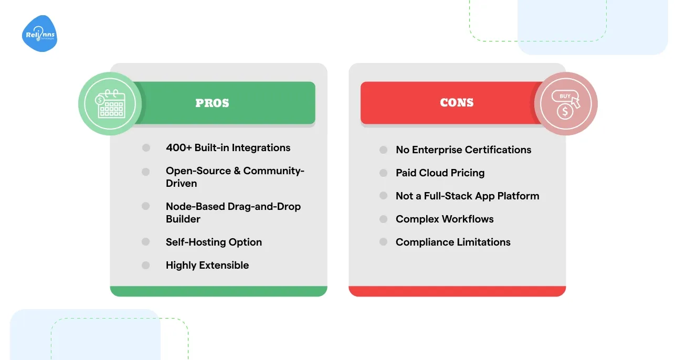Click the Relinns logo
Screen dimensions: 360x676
[40, 34]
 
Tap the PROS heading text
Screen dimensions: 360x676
[212, 103]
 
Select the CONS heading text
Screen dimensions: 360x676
[457, 103]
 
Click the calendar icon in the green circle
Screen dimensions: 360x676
[110, 103]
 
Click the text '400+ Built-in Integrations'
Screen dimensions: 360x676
[228, 148]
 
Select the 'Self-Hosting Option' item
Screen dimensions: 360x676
[214, 242]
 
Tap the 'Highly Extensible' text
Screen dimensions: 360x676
[207, 265]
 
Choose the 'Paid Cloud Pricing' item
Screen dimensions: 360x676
[440, 173]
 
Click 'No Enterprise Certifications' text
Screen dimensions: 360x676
[463, 150]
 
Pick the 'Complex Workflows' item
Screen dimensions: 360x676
[445, 219]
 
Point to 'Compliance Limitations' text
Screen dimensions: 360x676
[453, 242]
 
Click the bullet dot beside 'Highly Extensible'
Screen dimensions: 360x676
[146, 265]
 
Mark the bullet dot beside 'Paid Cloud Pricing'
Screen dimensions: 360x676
[384, 173]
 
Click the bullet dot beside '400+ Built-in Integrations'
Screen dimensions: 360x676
[146, 148]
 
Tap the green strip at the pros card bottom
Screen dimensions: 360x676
[218, 291]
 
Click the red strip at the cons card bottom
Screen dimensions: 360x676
[457, 291]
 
